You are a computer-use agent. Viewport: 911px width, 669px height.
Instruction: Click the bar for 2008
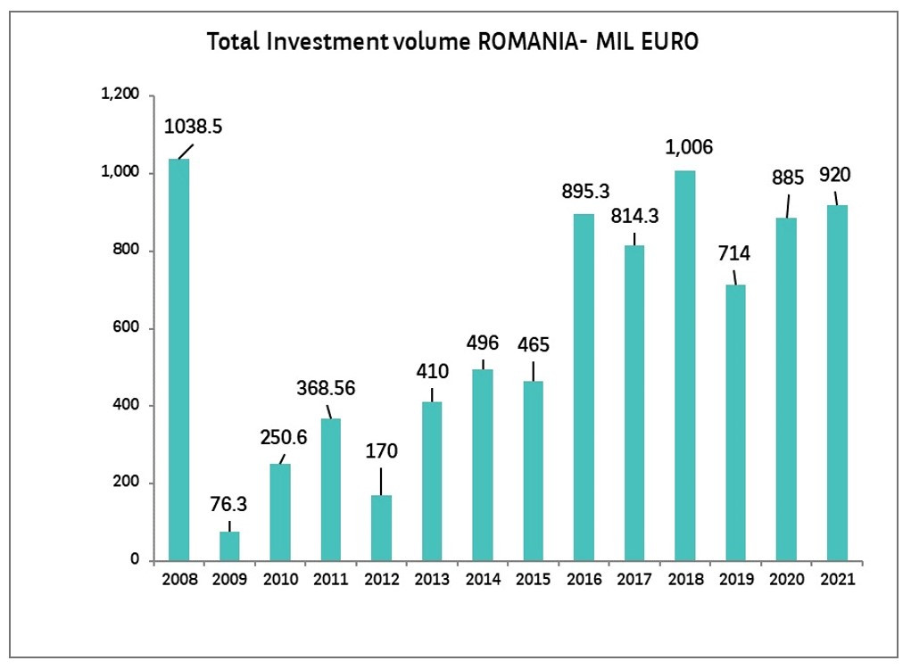tap(179, 359)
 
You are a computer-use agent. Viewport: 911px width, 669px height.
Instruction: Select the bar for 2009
tap(230, 546)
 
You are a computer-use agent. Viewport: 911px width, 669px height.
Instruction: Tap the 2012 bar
tap(382, 528)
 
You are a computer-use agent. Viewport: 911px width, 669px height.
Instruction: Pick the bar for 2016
tap(584, 387)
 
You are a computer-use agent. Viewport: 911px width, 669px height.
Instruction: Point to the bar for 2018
tap(684, 366)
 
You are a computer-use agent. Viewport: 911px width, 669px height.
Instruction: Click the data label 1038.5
tap(194, 127)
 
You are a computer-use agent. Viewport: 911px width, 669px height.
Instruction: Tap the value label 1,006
tap(690, 147)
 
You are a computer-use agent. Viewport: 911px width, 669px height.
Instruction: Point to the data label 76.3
tap(228, 505)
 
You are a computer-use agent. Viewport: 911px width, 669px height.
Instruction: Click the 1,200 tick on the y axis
tap(122, 95)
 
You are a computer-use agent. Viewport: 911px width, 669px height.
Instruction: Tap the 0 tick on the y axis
tap(137, 560)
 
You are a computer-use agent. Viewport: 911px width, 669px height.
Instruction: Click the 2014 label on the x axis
tap(483, 579)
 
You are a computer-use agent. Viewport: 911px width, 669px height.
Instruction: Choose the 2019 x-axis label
tap(736, 579)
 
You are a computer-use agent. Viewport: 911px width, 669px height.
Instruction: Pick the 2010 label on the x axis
tap(280, 579)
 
